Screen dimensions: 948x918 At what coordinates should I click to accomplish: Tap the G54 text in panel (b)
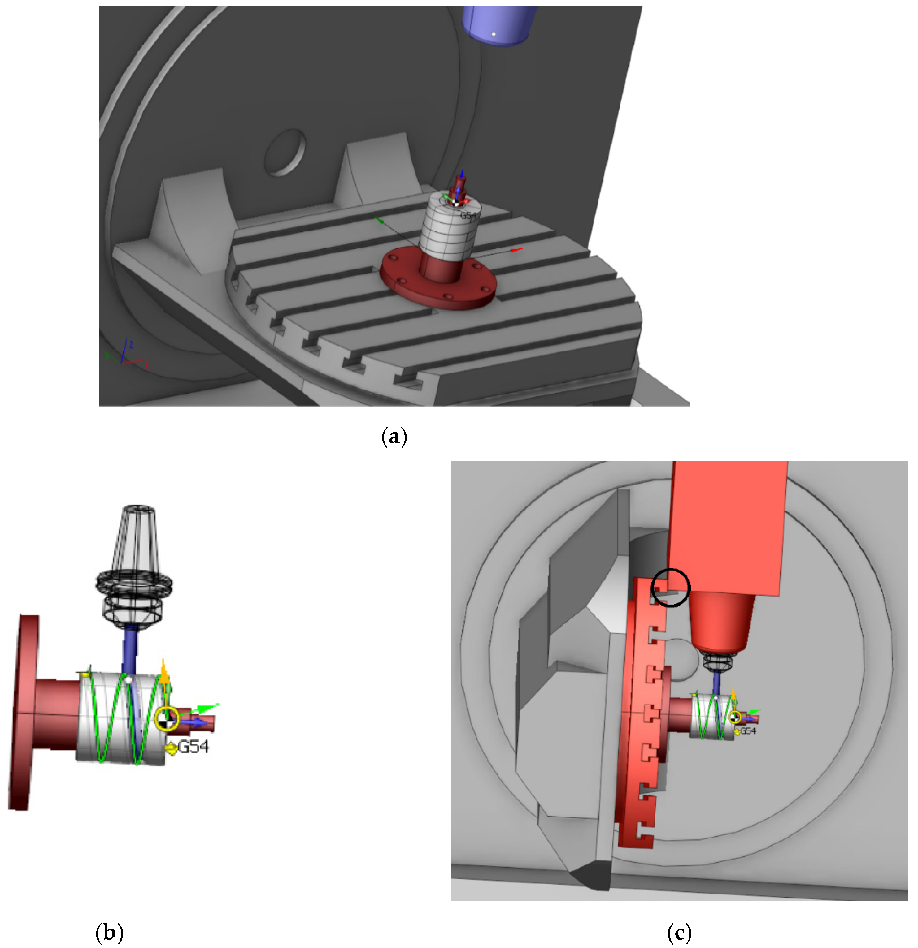[x=194, y=747]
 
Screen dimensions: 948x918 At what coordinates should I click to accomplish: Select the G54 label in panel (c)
[x=748, y=731]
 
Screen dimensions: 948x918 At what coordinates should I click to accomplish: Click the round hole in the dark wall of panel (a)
[x=285, y=152]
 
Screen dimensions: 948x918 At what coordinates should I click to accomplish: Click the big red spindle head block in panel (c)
[x=726, y=527]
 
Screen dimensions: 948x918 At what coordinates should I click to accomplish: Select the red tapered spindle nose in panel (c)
[x=721, y=624]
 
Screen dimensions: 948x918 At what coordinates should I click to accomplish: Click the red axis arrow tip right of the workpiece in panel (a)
[x=517, y=250]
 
